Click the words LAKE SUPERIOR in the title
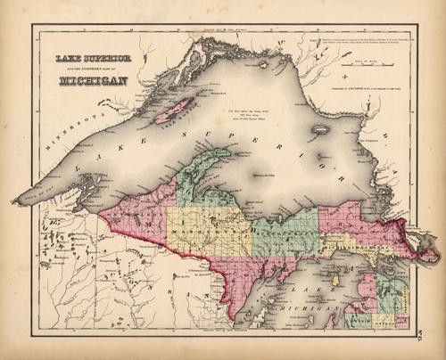[93, 59]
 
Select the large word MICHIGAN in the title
[93, 81]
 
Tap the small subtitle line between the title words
[93, 70]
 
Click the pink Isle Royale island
[175, 111]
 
